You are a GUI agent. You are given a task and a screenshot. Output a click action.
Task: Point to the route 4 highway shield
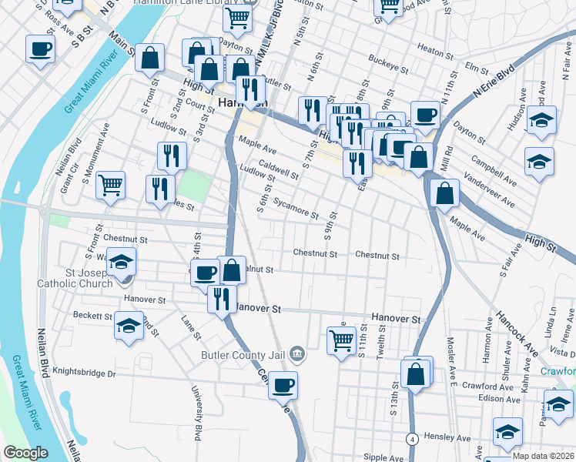pyautogui.click(x=413, y=438)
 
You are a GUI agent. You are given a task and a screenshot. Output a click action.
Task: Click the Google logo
pyautogui.click(x=25, y=453)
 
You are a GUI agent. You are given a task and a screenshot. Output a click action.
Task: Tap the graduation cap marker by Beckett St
pyautogui.click(x=129, y=325)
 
